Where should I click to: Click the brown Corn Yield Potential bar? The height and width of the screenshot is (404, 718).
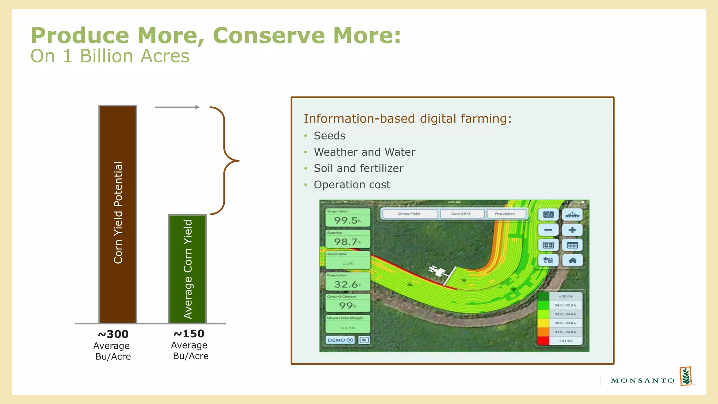tap(117, 214)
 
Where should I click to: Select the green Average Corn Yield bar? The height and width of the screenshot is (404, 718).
tap(188, 269)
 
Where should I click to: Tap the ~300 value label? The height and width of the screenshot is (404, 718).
tap(113, 334)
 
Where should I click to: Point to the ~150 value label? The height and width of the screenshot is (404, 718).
tap(189, 334)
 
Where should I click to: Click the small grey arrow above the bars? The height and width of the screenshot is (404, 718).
tap(177, 107)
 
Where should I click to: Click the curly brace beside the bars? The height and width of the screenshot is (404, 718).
tap(224, 161)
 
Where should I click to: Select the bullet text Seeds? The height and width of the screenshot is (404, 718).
tap(330, 136)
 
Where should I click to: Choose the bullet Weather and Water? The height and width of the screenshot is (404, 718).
tap(365, 152)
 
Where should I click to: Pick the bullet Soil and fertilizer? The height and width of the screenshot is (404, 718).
tap(358, 168)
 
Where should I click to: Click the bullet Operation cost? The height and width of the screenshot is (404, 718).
tap(352, 185)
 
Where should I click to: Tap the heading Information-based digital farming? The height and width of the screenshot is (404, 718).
tap(407, 119)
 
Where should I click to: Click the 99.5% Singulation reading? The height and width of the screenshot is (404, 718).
tap(347, 221)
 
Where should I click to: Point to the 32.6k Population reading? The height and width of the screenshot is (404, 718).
tap(347, 284)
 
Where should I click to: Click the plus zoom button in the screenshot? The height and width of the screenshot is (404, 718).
tap(572, 230)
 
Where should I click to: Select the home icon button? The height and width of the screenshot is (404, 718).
tap(572, 260)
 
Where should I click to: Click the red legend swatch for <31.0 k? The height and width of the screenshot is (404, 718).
tap(543, 341)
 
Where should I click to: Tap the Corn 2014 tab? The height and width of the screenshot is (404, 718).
tap(461, 214)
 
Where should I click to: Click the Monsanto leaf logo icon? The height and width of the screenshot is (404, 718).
tap(686, 376)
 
